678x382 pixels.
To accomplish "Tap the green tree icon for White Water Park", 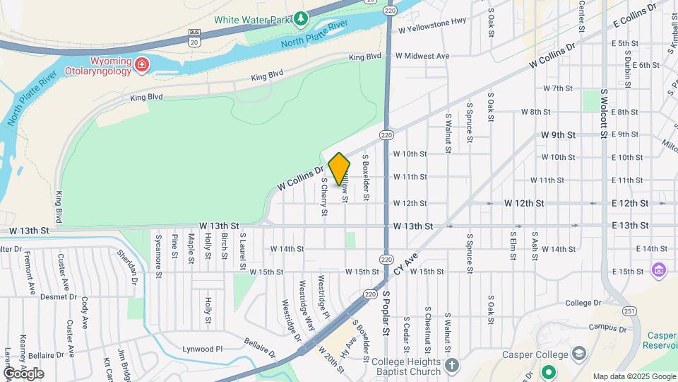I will coord(302,17).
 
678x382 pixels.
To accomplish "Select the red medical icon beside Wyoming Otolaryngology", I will coord(142,65).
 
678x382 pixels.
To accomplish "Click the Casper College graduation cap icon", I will coord(578,354).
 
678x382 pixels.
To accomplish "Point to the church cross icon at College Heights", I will coord(452,365).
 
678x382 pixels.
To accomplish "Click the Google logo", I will coord(23,374).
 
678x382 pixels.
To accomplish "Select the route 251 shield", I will coord(629,311).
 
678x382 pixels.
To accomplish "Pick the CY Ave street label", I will coord(407,267).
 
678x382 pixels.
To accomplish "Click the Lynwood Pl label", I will coord(203,349).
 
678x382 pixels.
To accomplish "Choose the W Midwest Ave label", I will coord(422,56).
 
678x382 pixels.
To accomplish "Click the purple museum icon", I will coord(659,270).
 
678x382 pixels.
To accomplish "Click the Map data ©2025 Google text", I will coord(634,376).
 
